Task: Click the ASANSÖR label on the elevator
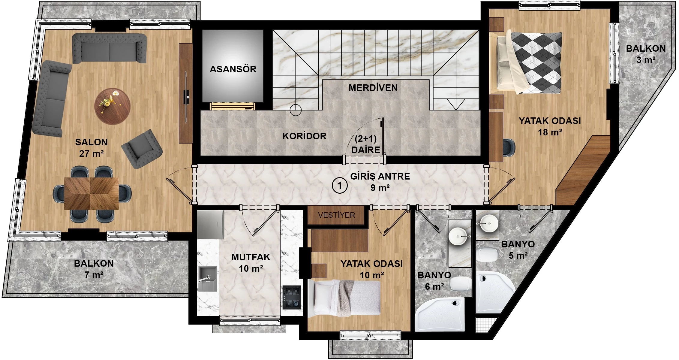pos(233,69)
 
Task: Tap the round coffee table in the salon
pos(112,106)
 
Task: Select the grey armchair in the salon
pos(142,148)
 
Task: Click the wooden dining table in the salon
pos(92,193)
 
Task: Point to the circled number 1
pos(340,186)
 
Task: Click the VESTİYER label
pos(336,215)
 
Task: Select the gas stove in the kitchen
pos(292,297)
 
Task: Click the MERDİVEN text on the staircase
pos(373,88)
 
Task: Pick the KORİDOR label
pos(304,136)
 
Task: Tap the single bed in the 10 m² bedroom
pos(344,298)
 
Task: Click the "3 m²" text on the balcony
pos(646,60)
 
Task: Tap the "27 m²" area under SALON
pos(92,153)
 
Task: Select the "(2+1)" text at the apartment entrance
pos(365,138)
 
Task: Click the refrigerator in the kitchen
pos(210,224)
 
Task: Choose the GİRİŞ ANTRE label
pos(380,176)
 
